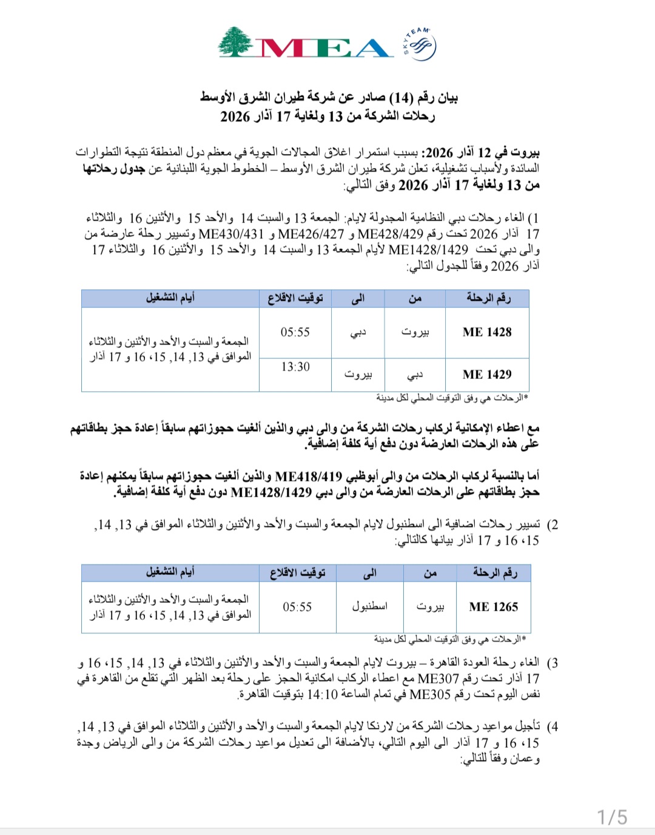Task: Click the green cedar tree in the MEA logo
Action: tap(235, 42)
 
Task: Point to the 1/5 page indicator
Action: tap(612, 817)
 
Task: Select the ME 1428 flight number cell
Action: tap(487, 332)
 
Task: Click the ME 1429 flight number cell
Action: tap(487, 375)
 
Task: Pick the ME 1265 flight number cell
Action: tap(494, 607)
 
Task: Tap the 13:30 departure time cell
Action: tap(295, 367)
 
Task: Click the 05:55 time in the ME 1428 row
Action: tap(295, 332)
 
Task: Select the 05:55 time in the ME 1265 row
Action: tap(297, 607)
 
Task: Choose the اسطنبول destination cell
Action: tap(369, 607)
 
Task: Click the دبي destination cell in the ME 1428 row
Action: tap(358, 332)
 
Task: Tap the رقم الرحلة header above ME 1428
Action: tap(488, 298)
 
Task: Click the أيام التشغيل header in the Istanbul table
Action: tap(170, 572)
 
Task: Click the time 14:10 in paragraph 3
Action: tap(322, 694)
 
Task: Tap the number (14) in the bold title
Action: tap(401, 98)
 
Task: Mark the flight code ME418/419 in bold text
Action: tap(309, 476)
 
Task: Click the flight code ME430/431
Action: tap(231, 234)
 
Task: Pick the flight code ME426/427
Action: tap(311, 234)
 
